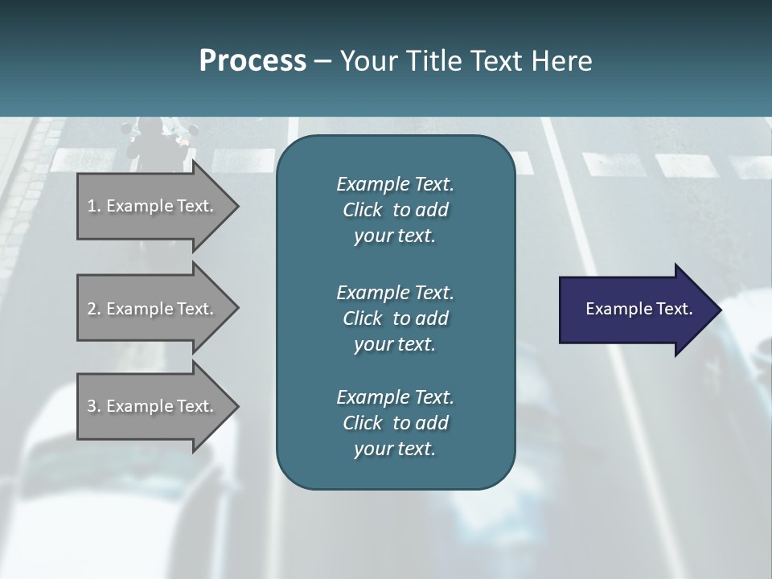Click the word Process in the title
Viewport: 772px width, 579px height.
pos(253,61)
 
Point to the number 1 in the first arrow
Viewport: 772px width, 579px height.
pos(92,206)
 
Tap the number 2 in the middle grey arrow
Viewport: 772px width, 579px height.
pos(92,309)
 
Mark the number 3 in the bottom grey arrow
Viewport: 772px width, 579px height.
pos(92,406)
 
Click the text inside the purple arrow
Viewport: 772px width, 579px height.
pos(639,309)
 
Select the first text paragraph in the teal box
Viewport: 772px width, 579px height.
pos(395,210)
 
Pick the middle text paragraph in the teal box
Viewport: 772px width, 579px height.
pos(395,318)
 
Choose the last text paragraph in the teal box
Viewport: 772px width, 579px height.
pos(395,423)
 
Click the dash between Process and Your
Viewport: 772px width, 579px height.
pos(322,62)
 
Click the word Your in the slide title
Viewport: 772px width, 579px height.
pos(368,61)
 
